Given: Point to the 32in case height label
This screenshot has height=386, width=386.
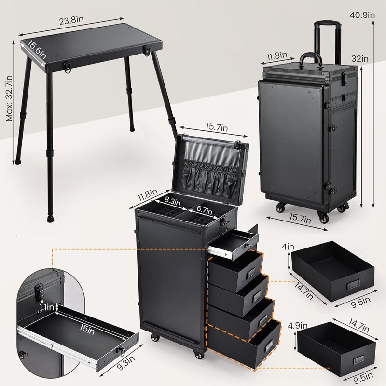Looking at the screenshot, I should tap(359, 58).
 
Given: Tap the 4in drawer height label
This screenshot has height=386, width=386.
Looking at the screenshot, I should tap(288, 248).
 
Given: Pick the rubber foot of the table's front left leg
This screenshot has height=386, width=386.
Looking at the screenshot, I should tap(50, 218).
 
